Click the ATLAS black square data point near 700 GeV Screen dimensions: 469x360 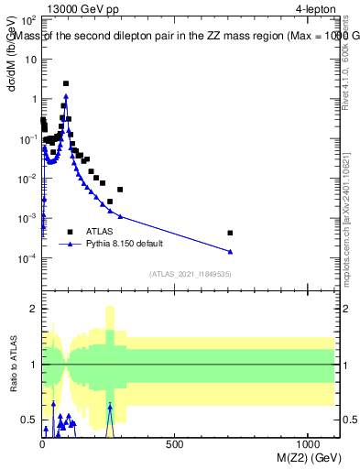(x=230, y=233)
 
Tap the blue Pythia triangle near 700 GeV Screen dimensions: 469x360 (x=230, y=252)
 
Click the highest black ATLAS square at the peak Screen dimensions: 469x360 (x=66, y=83)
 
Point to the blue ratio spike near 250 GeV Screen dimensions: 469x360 (x=110, y=406)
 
